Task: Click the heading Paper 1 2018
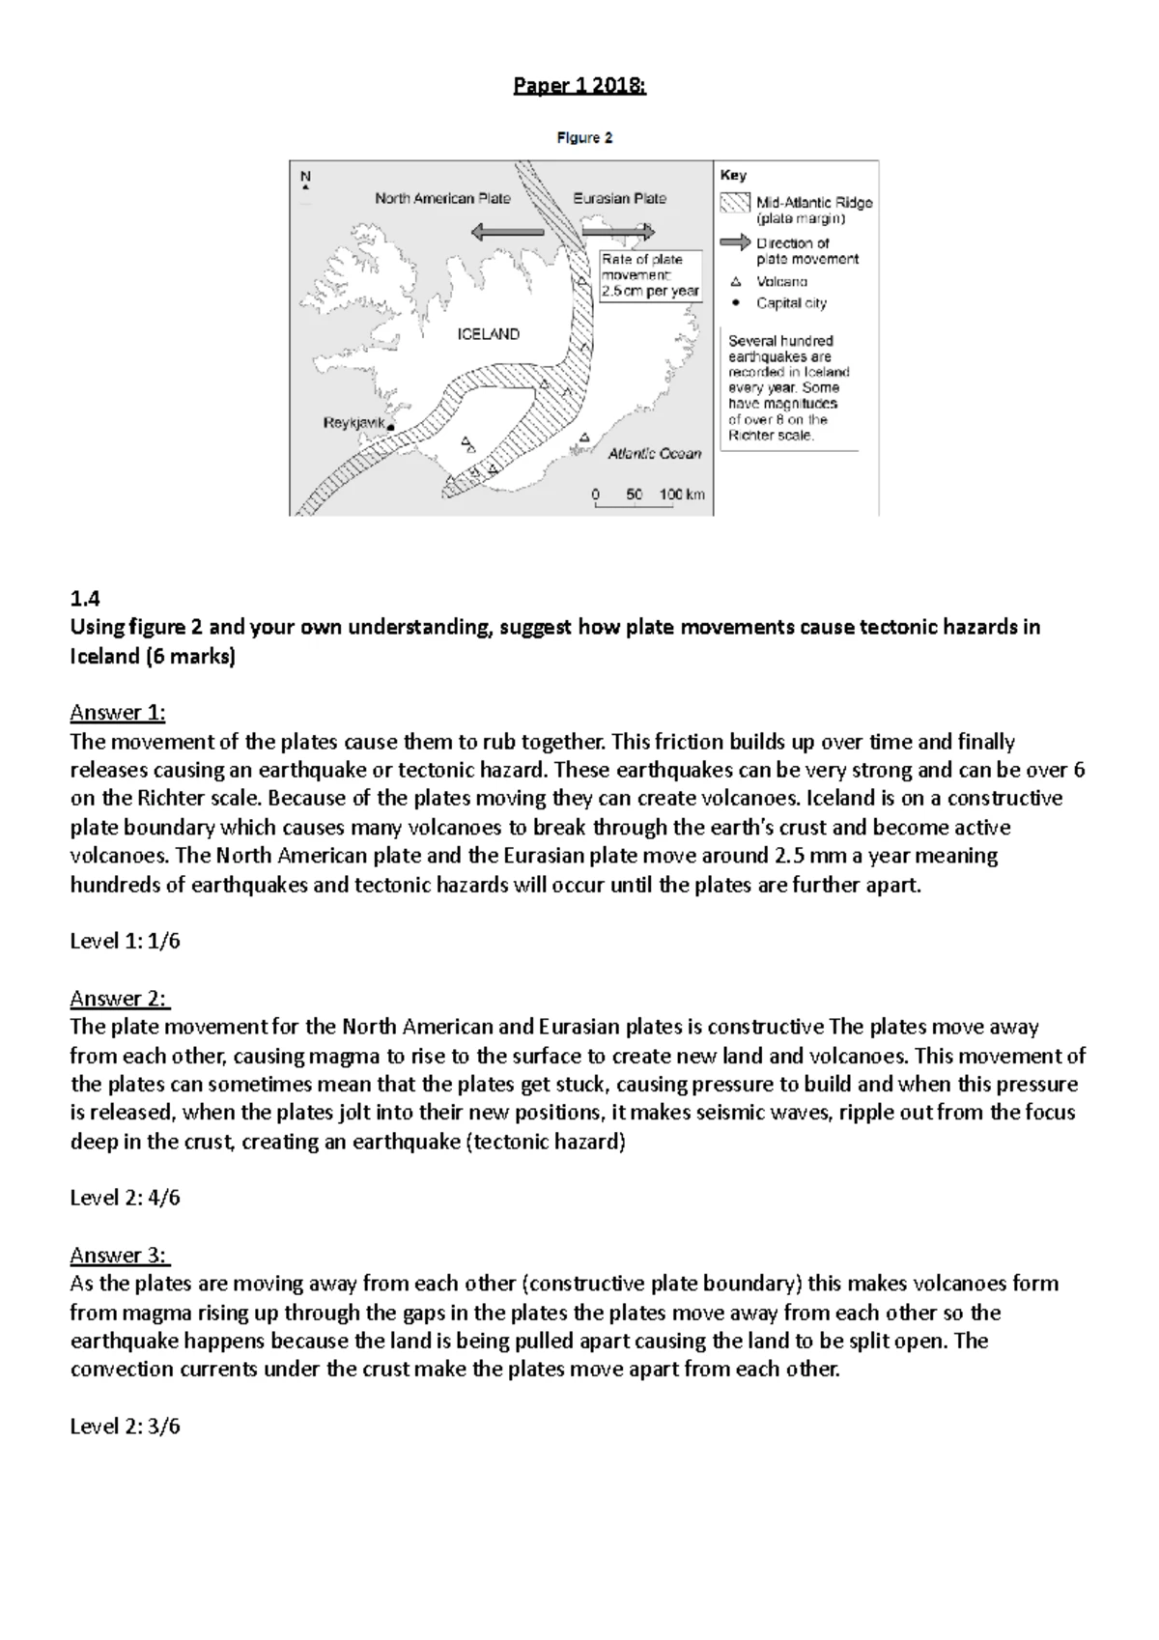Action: click(x=579, y=86)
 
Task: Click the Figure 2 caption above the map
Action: click(x=584, y=138)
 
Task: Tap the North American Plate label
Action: click(x=442, y=199)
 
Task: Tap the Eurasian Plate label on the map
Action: click(x=619, y=199)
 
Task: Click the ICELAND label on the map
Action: click(x=488, y=334)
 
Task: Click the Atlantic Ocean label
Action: click(x=654, y=454)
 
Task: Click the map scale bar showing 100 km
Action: click(x=648, y=496)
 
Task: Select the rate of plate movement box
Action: click(x=649, y=275)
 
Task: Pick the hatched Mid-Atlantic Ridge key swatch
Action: click(x=735, y=203)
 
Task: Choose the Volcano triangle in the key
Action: click(x=735, y=282)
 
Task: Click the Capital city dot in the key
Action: click(x=735, y=303)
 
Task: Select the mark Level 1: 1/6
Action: click(x=125, y=941)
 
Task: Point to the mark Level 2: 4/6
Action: click(x=125, y=1198)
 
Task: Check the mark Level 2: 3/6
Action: click(x=125, y=1426)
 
